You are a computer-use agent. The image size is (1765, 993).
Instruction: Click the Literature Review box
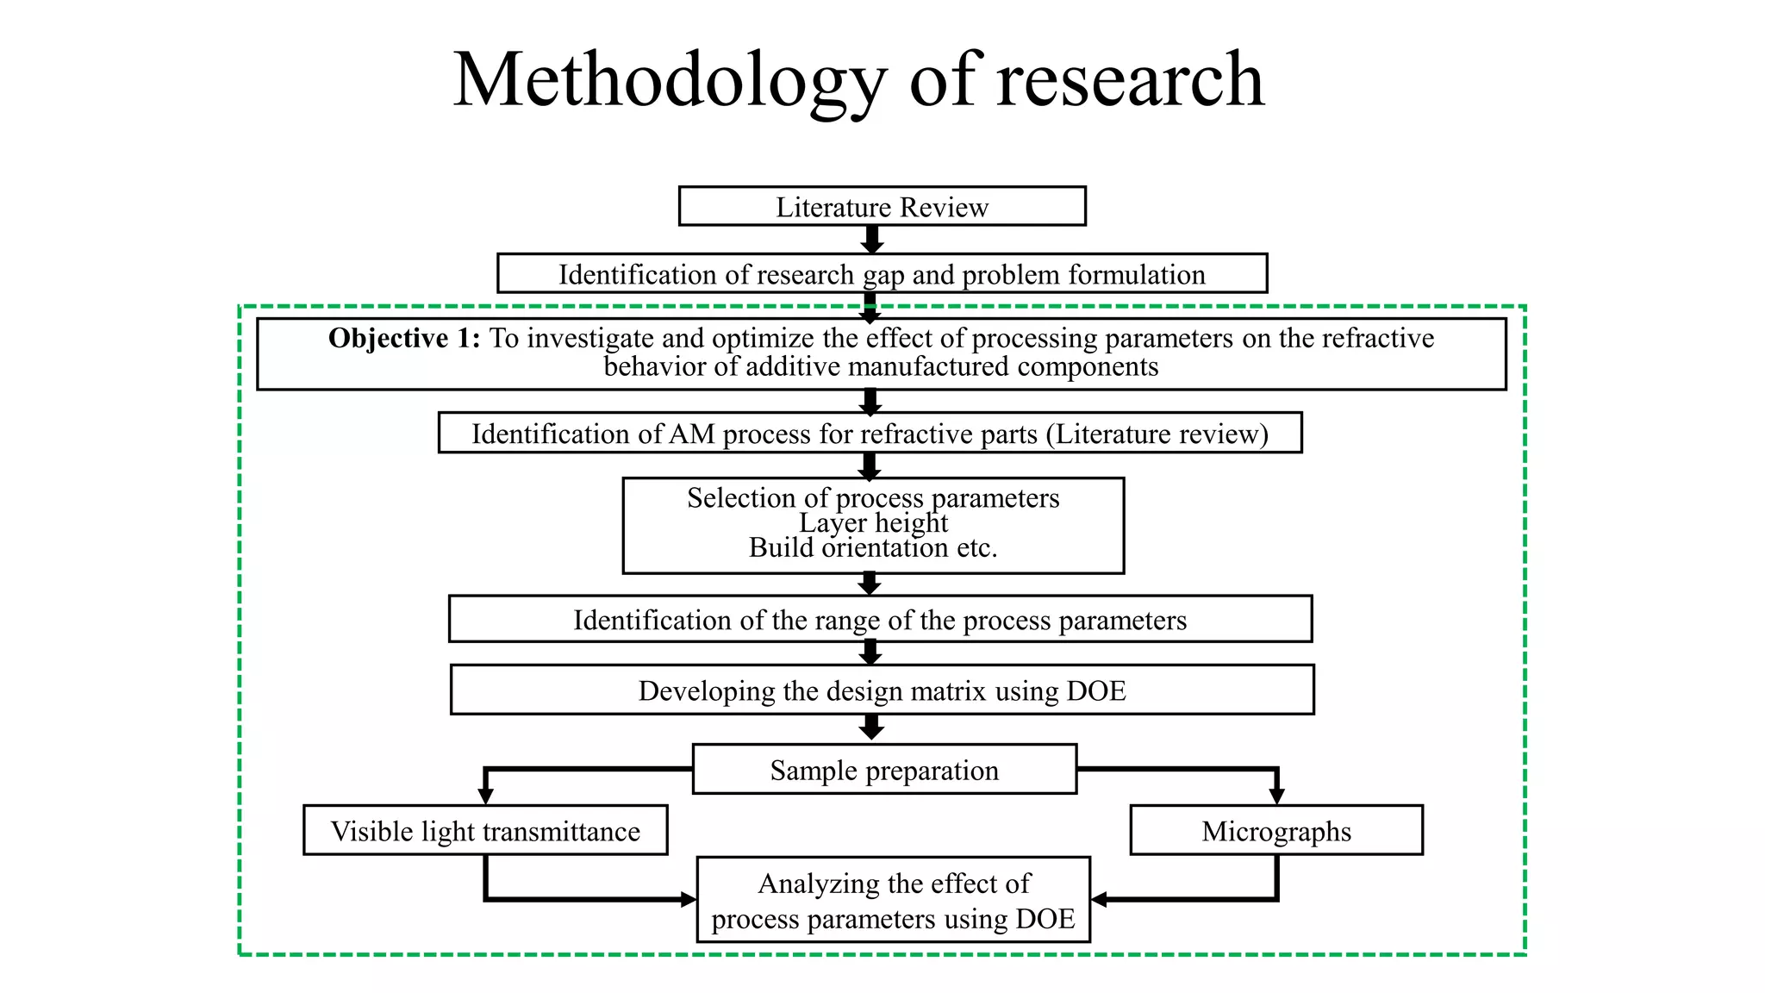882,207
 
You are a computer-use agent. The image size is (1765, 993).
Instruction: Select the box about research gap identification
882,274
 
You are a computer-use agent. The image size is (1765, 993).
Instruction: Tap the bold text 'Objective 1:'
403,338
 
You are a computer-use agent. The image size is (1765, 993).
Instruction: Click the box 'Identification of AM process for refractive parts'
870,434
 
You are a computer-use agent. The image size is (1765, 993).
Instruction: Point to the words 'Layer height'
873,523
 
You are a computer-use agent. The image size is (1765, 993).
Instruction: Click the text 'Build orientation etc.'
873,548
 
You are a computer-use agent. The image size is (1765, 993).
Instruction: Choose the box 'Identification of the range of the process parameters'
880,620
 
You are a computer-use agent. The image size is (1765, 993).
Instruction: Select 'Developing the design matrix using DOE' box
882,690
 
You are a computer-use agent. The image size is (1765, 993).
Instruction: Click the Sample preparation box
884,770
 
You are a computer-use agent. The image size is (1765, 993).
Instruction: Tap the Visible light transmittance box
485,831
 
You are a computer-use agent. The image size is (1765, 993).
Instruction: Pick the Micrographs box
1276,831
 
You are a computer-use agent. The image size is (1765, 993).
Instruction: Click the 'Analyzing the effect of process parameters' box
894,901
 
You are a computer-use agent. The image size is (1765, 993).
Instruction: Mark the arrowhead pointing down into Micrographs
1276,796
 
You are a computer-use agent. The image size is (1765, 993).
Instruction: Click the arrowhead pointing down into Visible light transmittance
486,796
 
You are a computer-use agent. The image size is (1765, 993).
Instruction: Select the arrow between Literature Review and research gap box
872,240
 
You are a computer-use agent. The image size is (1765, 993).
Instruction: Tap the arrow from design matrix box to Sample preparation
872,728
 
